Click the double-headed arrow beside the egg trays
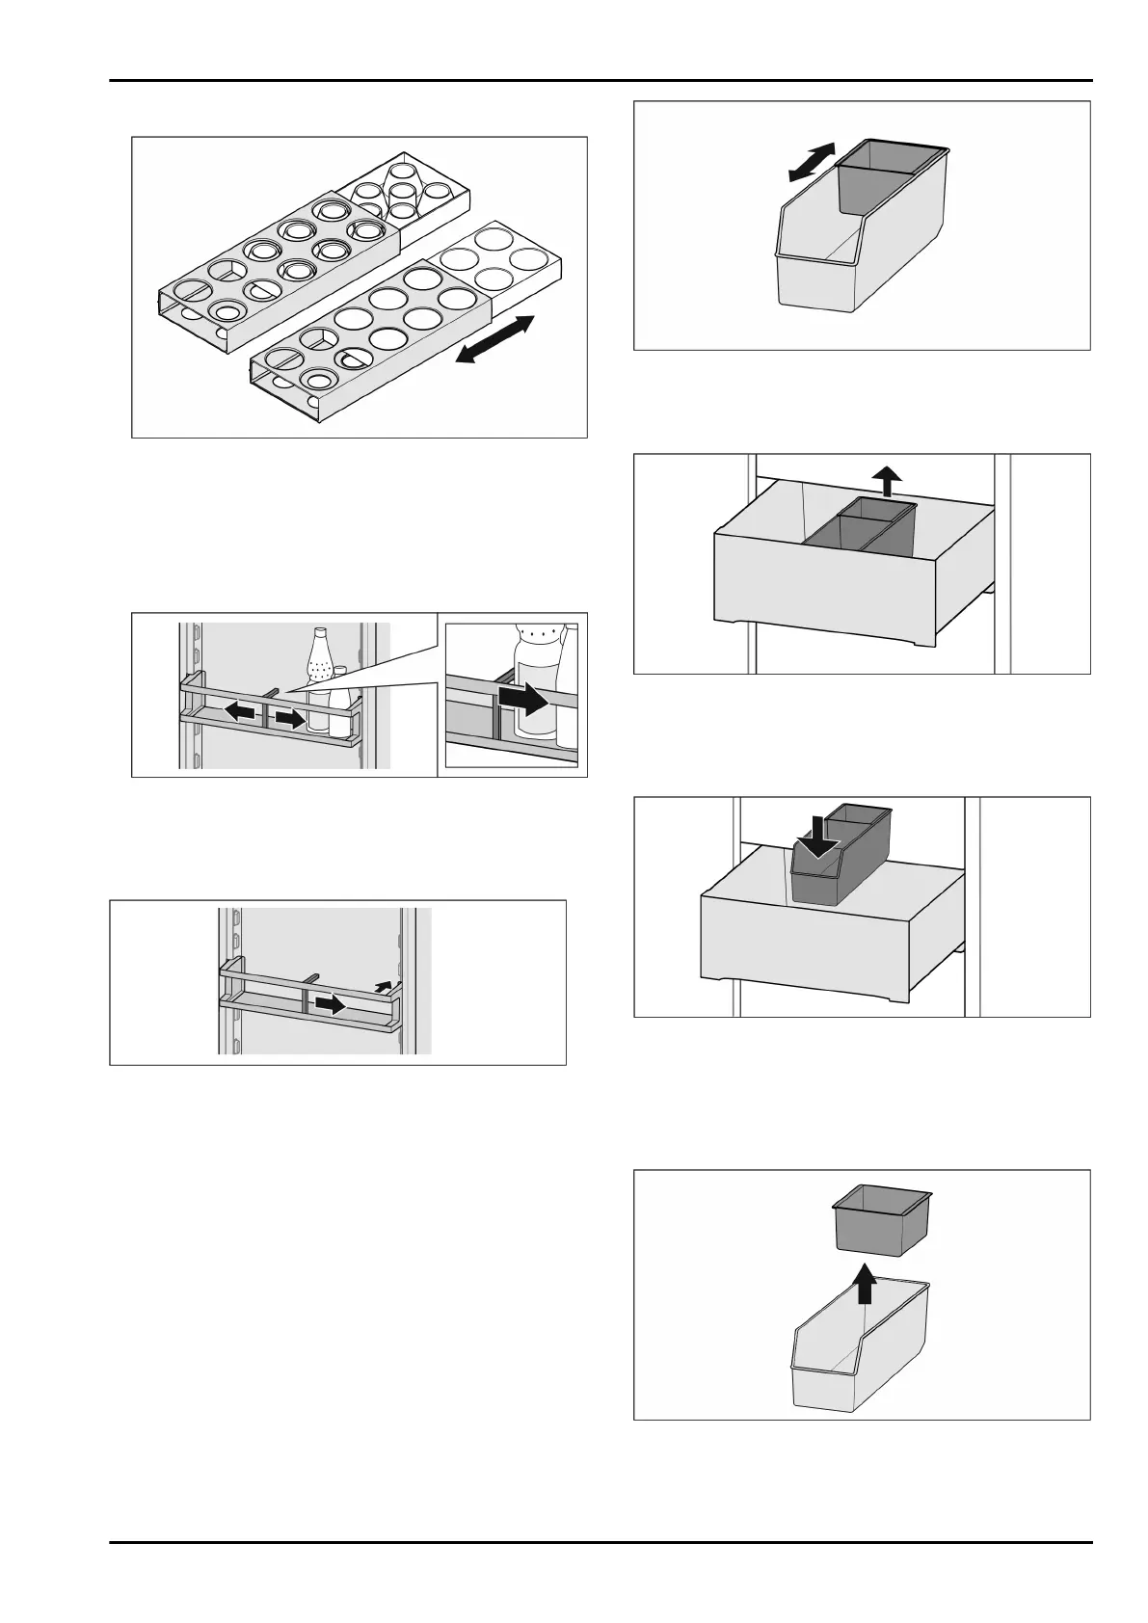click(494, 339)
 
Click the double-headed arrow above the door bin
click(811, 161)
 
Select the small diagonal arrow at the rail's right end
click(384, 984)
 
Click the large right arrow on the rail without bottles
click(331, 1004)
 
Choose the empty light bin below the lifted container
click(858, 1349)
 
